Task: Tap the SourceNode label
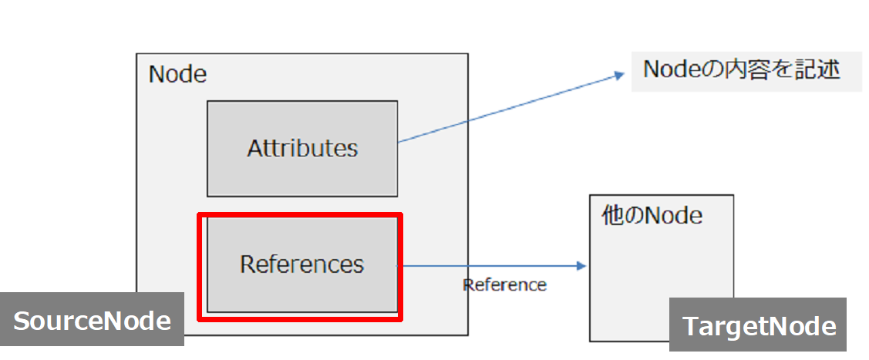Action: pos(92,320)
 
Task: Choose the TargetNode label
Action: pos(759,325)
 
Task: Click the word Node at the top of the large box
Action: pos(177,75)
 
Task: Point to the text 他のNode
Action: pos(652,215)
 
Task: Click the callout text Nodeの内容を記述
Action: pos(741,70)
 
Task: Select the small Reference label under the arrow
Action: pos(504,284)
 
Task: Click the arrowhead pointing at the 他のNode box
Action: pos(581,266)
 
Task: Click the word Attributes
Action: pos(302,148)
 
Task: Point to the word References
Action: pos(301,264)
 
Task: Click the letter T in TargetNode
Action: pos(689,326)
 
